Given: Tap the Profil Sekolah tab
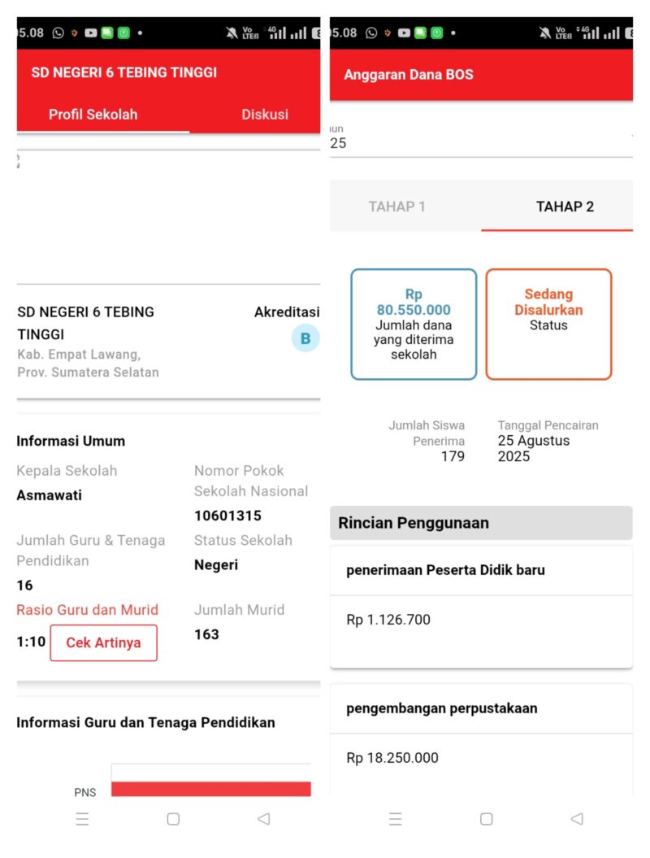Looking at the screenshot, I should (93, 115).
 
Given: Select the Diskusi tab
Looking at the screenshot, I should (264, 115).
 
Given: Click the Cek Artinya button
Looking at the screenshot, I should (103, 642).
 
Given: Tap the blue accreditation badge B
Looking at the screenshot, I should (305, 338).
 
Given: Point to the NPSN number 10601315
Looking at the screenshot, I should (227, 516).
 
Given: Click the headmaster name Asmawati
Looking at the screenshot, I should (49, 495).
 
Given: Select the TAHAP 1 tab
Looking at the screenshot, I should (396, 207).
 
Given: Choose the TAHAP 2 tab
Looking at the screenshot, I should (565, 207).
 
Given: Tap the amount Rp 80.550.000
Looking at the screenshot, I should (414, 302).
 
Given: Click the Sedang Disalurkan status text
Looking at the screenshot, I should (548, 302).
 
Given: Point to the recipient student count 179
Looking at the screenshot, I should (453, 456).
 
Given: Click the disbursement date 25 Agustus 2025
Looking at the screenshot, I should (533, 448).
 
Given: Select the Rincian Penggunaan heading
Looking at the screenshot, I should (414, 523).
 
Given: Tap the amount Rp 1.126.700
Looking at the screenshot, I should (388, 620).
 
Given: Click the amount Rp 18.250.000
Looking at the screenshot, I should (392, 758).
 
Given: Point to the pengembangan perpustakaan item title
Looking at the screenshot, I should (441, 708).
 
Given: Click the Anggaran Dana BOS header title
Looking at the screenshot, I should (408, 75).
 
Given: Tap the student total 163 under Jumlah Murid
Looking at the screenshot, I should (206, 634).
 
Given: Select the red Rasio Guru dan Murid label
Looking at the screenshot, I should (87, 610).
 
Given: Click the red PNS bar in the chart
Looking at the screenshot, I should (210, 788).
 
